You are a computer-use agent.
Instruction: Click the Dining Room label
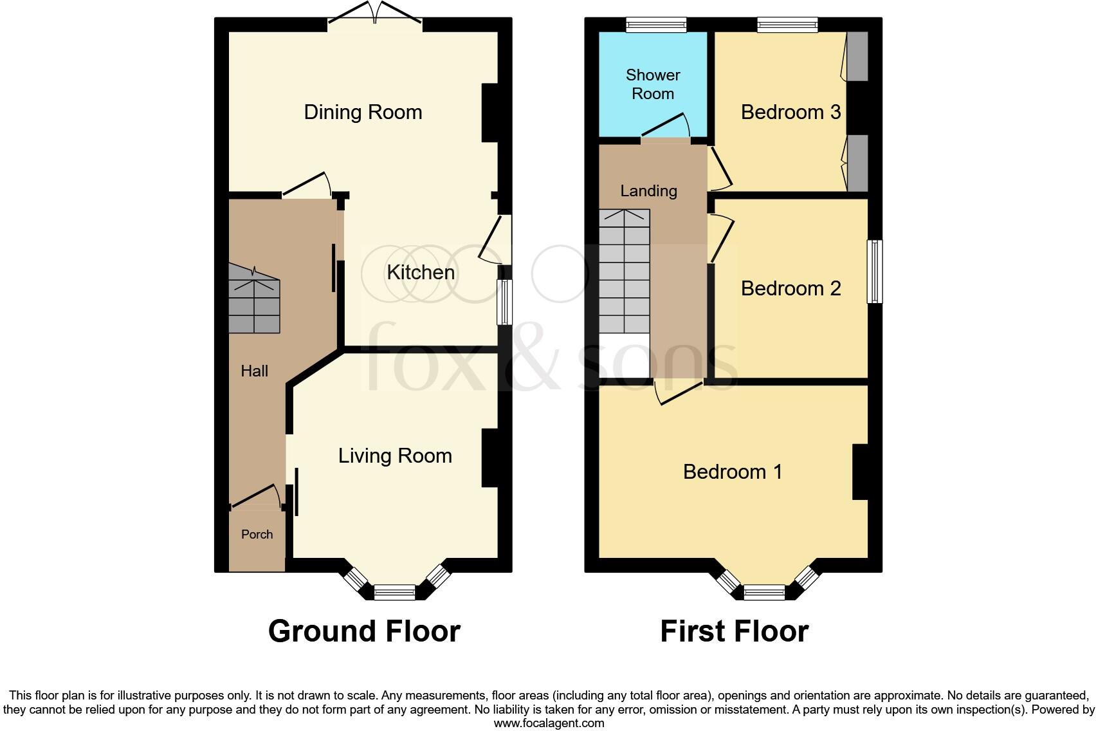(x=363, y=112)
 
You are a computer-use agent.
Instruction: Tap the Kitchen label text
(x=421, y=272)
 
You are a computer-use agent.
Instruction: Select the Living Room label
(x=395, y=456)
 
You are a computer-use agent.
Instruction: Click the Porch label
(x=257, y=534)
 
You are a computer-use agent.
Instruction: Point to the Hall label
(x=254, y=371)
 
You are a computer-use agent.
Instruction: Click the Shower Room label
(x=652, y=84)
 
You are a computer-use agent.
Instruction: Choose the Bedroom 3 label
(x=790, y=112)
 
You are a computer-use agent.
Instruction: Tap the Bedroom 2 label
(x=790, y=288)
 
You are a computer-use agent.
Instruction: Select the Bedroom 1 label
(x=733, y=472)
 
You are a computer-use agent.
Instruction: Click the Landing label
(x=648, y=190)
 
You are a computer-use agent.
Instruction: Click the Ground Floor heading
(x=364, y=631)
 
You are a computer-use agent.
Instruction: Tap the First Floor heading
(x=734, y=631)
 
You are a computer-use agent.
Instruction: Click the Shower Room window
(x=656, y=25)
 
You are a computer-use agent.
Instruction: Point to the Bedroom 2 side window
(x=874, y=271)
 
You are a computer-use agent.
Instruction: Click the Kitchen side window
(x=506, y=302)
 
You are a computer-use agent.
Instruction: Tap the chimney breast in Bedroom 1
(x=860, y=472)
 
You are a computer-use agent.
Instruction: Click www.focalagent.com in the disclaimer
(x=549, y=723)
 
